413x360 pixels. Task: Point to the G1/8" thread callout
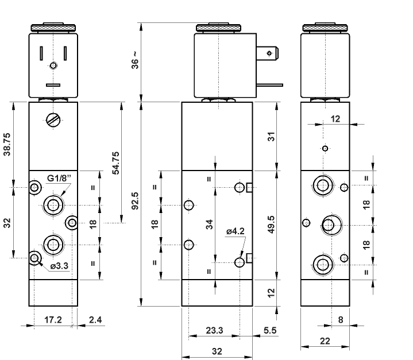point(59,179)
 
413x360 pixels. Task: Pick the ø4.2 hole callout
point(236,231)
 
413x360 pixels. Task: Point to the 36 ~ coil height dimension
point(135,62)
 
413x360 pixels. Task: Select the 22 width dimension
point(325,340)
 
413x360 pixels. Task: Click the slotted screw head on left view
point(53,121)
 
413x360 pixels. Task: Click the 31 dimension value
point(272,136)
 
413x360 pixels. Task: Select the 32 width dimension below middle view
point(217,351)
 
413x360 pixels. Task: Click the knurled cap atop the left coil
point(53,27)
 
